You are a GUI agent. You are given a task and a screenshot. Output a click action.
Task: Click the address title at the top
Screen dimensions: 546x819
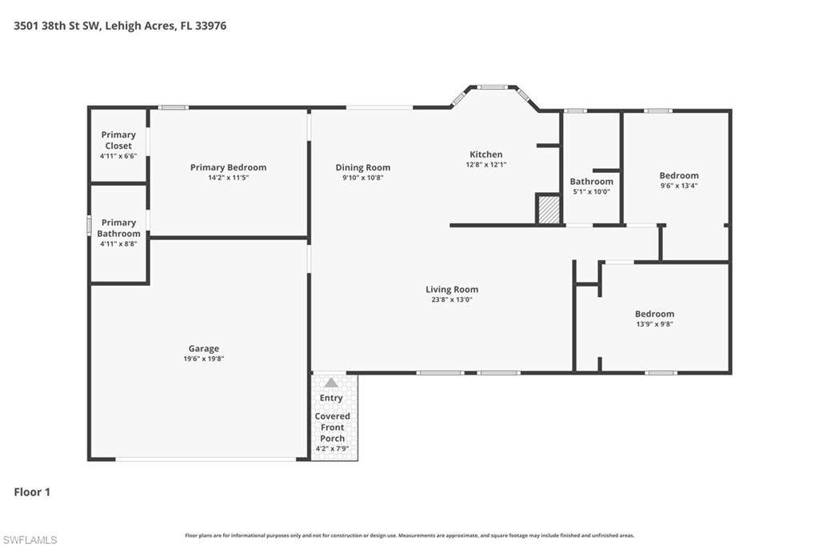point(120,26)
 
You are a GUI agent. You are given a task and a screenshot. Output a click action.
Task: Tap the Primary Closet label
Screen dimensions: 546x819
point(118,140)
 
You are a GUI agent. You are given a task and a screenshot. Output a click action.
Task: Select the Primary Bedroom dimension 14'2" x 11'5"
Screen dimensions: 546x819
point(228,178)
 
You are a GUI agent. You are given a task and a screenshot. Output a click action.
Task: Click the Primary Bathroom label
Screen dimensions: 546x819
point(118,228)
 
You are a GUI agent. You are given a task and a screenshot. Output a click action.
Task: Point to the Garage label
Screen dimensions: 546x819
point(204,348)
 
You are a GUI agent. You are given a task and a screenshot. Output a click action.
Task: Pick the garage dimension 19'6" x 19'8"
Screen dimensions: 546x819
point(204,359)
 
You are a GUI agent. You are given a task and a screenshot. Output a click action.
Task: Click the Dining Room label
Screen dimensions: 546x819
point(363,167)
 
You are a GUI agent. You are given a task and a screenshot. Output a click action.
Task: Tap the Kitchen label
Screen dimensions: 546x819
point(486,155)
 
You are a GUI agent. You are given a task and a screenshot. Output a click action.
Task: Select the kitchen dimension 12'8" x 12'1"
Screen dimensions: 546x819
point(486,165)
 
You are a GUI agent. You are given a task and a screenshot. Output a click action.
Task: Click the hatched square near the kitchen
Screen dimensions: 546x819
point(548,210)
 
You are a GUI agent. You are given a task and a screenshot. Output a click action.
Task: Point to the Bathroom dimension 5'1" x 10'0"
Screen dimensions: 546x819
point(592,192)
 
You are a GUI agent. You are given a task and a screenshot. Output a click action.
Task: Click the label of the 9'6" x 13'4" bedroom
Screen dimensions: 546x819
point(679,175)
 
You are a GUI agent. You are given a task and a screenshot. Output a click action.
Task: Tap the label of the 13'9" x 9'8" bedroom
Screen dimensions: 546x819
point(654,314)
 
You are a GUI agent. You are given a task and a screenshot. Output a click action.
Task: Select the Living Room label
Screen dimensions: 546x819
point(452,289)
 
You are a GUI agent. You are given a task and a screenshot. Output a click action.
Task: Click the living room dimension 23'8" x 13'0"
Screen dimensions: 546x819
point(452,300)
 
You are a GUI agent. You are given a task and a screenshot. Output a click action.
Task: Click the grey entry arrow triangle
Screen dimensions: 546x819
point(331,383)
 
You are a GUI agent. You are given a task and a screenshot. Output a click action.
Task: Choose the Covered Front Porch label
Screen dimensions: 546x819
point(332,427)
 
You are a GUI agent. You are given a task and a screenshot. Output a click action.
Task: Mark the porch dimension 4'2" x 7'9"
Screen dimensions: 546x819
point(332,448)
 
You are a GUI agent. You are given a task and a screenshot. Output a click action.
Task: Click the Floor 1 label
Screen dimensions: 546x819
point(32,492)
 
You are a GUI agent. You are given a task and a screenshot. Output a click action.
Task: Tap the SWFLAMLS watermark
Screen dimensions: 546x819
point(30,540)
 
